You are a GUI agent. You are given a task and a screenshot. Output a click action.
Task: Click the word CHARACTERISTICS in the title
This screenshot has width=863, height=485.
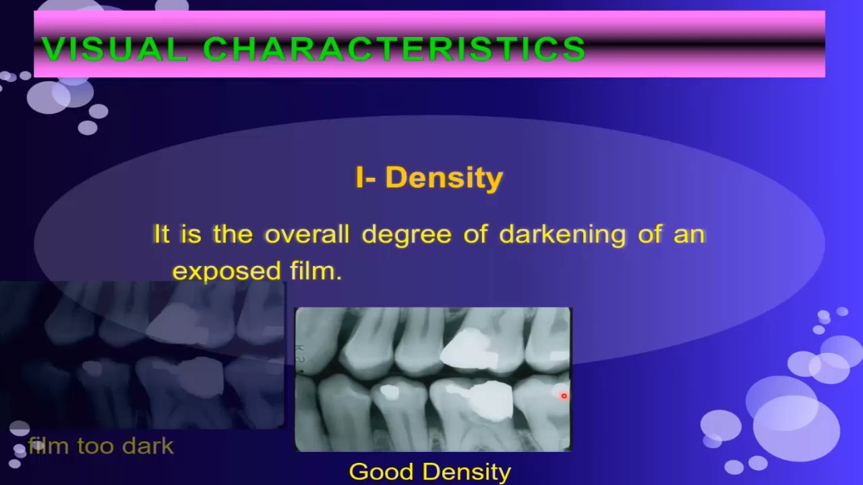point(394,50)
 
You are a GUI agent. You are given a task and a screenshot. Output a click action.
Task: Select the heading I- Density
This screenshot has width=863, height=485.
point(429,178)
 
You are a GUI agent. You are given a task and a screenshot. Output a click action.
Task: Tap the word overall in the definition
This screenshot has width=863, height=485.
point(307,234)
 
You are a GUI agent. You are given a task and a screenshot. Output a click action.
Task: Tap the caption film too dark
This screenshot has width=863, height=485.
point(101,446)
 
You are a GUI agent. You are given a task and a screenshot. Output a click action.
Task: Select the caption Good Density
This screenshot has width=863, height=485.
point(429,472)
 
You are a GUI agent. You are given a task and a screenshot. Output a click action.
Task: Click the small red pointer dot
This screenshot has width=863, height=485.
point(564,396)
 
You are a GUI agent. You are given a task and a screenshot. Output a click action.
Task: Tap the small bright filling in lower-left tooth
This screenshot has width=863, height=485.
point(389,391)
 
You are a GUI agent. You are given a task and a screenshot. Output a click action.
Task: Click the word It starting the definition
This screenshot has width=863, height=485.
point(161,234)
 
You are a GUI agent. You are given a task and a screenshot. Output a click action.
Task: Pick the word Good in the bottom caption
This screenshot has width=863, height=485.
point(378,472)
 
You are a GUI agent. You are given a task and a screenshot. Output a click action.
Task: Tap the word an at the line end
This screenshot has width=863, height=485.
point(689,235)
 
